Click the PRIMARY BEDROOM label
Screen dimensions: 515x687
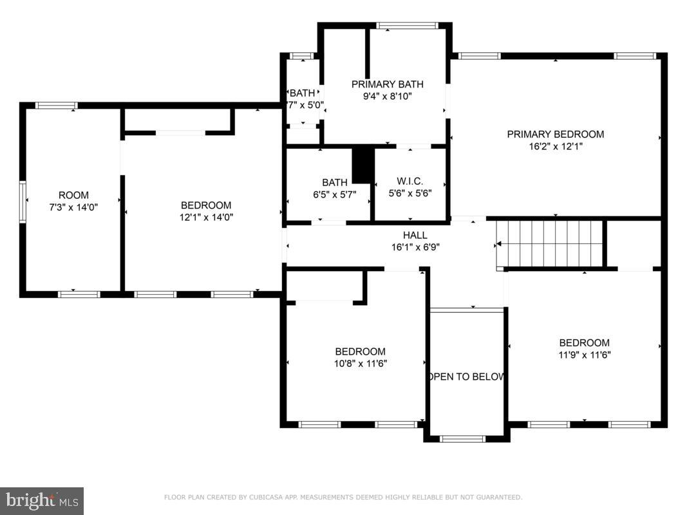point(555,135)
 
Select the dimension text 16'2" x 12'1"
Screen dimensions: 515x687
point(555,146)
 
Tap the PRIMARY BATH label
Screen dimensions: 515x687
point(387,84)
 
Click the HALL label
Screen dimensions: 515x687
point(415,236)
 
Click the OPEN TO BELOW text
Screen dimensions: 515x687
point(466,377)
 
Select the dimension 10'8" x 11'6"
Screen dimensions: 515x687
point(360,363)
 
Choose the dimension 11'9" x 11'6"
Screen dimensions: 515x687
point(584,354)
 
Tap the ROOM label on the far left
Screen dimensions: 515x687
point(73,195)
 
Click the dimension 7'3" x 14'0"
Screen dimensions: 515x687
point(73,207)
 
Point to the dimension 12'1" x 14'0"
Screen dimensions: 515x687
point(205,217)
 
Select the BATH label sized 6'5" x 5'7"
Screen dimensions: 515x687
point(335,183)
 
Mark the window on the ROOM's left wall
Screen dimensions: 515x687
point(23,201)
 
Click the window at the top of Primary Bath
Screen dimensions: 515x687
point(408,26)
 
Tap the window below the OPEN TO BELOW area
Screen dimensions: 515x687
point(462,439)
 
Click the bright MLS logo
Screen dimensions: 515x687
point(41,500)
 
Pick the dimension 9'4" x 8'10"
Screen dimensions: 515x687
point(387,96)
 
